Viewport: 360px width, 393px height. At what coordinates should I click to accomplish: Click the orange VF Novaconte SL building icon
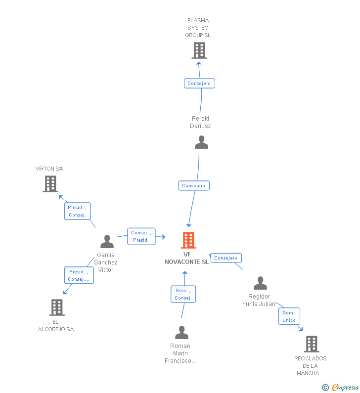[x=188, y=240]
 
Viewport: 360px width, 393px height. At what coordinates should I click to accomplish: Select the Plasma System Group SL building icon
[x=199, y=50]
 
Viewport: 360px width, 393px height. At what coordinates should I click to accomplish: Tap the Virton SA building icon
[x=50, y=184]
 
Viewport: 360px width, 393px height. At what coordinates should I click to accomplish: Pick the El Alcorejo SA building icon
[x=57, y=307]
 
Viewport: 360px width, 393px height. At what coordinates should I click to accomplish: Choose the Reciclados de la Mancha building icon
[x=311, y=344]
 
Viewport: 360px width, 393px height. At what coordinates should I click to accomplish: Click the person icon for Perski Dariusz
[x=201, y=142]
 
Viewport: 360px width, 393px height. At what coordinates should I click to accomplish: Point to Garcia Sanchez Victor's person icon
[x=107, y=241]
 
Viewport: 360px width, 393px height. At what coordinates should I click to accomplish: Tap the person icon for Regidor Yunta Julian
[x=260, y=283]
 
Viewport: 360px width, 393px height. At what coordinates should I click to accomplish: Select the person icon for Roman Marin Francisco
[x=181, y=332]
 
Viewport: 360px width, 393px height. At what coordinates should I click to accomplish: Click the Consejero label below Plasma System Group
[x=199, y=84]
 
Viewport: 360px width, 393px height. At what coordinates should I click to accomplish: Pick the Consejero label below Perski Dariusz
[x=194, y=186]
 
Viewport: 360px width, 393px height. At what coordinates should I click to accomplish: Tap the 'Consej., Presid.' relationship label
[x=141, y=236]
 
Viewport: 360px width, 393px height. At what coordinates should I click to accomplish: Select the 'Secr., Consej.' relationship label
[x=183, y=294]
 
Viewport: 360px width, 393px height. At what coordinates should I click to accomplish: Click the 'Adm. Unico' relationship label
[x=289, y=316]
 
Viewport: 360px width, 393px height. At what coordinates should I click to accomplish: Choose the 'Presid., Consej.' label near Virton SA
[x=78, y=211]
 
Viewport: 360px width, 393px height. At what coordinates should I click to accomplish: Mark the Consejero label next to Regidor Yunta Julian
[x=226, y=258]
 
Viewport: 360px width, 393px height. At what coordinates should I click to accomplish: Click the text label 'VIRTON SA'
[x=49, y=169]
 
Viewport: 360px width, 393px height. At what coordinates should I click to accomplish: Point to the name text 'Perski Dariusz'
[x=200, y=122]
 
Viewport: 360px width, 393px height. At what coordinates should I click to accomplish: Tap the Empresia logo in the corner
[x=345, y=387]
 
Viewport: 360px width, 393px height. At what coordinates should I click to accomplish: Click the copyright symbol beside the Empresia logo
[x=325, y=388]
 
